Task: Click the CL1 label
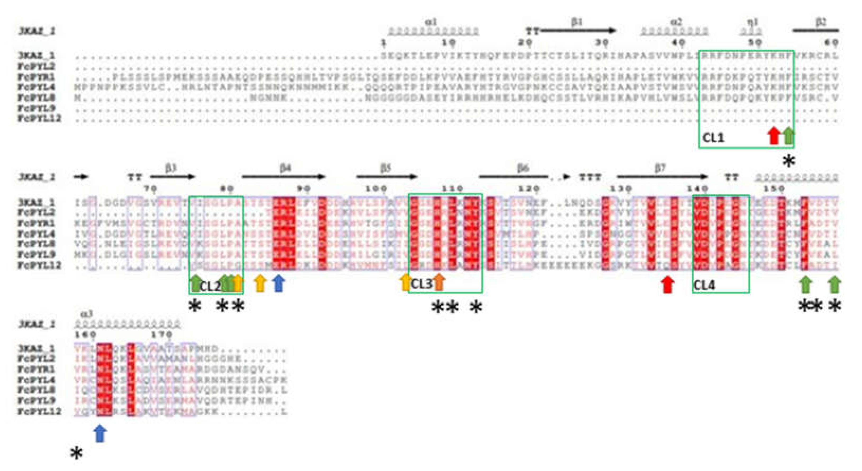click(x=713, y=138)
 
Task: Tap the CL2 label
click(x=210, y=286)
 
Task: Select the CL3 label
click(x=421, y=284)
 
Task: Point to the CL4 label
click(x=704, y=285)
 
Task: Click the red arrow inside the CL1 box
click(x=773, y=136)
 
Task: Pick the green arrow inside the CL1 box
click(x=788, y=136)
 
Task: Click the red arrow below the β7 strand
click(x=668, y=285)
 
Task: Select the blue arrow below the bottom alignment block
click(x=100, y=433)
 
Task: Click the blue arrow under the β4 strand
click(x=278, y=283)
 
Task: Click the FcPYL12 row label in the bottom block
click(x=39, y=411)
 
